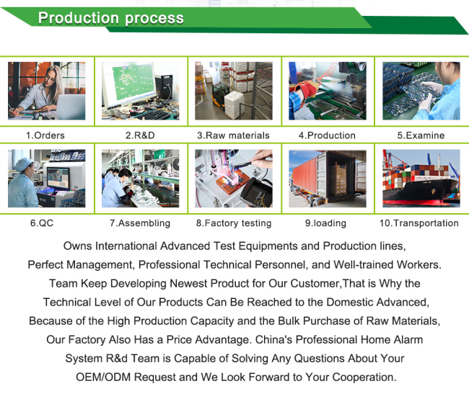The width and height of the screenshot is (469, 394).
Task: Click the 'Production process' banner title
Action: [110, 18]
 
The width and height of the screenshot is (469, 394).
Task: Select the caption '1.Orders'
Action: [45, 135]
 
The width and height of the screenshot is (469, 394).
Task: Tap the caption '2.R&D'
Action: [140, 135]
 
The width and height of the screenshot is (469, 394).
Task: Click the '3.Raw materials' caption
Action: [233, 135]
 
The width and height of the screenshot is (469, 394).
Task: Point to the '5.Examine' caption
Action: [421, 135]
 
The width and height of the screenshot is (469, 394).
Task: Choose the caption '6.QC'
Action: [42, 223]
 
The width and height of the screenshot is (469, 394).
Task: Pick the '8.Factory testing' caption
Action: [234, 223]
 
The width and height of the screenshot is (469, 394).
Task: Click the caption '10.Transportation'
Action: [419, 223]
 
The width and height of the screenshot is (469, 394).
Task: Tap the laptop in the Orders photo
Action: [71, 107]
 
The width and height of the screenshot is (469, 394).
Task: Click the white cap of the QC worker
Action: [23, 164]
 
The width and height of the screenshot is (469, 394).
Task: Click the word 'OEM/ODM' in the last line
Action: [103, 377]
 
